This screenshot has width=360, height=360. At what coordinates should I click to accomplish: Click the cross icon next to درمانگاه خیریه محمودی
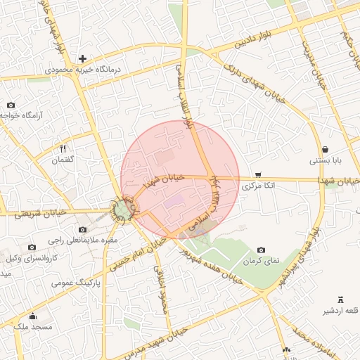click(x=82, y=58)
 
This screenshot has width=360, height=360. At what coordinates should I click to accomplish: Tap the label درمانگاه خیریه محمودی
click(x=83, y=70)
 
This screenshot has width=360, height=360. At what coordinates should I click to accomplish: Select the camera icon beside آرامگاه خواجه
click(x=11, y=105)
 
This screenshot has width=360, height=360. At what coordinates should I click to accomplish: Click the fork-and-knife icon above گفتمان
click(x=63, y=149)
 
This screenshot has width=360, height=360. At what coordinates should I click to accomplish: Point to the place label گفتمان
click(x=63, y=160)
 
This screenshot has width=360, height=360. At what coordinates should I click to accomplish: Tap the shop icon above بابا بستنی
click(x=326, y=149)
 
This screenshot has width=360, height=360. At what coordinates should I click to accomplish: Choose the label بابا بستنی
click(x=326, y=161)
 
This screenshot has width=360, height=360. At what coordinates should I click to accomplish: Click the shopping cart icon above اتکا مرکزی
click(x=258, y=175)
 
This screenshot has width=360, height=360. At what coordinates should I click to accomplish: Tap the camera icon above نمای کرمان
click(x=262, y=250)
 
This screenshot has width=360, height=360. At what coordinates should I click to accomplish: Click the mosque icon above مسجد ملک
click(x=32, y=316)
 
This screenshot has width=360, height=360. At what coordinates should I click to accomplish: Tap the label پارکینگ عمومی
click(x=77, y=283)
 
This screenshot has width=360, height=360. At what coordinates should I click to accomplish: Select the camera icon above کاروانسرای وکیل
click(x=32, y=247)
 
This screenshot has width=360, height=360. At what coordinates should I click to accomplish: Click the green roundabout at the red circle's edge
click(x=122, y=210)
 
